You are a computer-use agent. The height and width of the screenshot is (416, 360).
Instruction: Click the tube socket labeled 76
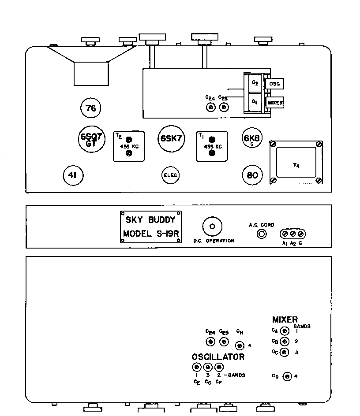(x=91, y=108)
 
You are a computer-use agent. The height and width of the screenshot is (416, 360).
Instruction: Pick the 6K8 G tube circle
(x=252, y=139)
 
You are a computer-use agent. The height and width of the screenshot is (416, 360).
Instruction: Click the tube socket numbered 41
(x=73, y=175)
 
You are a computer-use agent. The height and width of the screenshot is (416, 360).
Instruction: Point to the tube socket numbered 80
(x=252, y=175)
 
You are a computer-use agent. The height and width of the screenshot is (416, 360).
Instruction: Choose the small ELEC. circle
(x=170, y=175)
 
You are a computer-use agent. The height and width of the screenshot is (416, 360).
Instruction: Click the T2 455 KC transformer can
(x=129, y=146)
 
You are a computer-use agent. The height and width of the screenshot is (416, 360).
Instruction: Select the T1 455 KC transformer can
(x=212, y=146)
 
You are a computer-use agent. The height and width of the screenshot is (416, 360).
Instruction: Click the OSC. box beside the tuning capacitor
(x=274, y=84)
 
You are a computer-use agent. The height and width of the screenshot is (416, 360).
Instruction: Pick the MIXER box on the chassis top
(x=275, y=103)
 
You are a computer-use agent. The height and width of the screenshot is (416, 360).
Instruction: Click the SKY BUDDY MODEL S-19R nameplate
(x=150, y=227)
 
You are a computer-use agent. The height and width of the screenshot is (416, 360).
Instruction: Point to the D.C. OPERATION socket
(x=212, y=227)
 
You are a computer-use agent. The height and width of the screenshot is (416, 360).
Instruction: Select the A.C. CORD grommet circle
(x=261, y=234)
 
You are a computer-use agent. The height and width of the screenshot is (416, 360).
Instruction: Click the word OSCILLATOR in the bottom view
(x=218, y=357)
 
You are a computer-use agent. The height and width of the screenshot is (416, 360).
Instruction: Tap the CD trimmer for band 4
(x=287, y=376)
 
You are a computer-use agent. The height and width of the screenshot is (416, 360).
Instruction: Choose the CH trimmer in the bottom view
(x=240, y=345)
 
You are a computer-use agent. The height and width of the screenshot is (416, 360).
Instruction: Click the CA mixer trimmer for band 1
(x=285, y=331)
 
